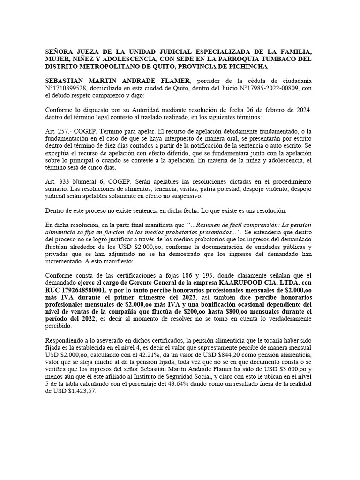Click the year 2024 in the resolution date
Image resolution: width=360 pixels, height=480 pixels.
coord(305,110)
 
